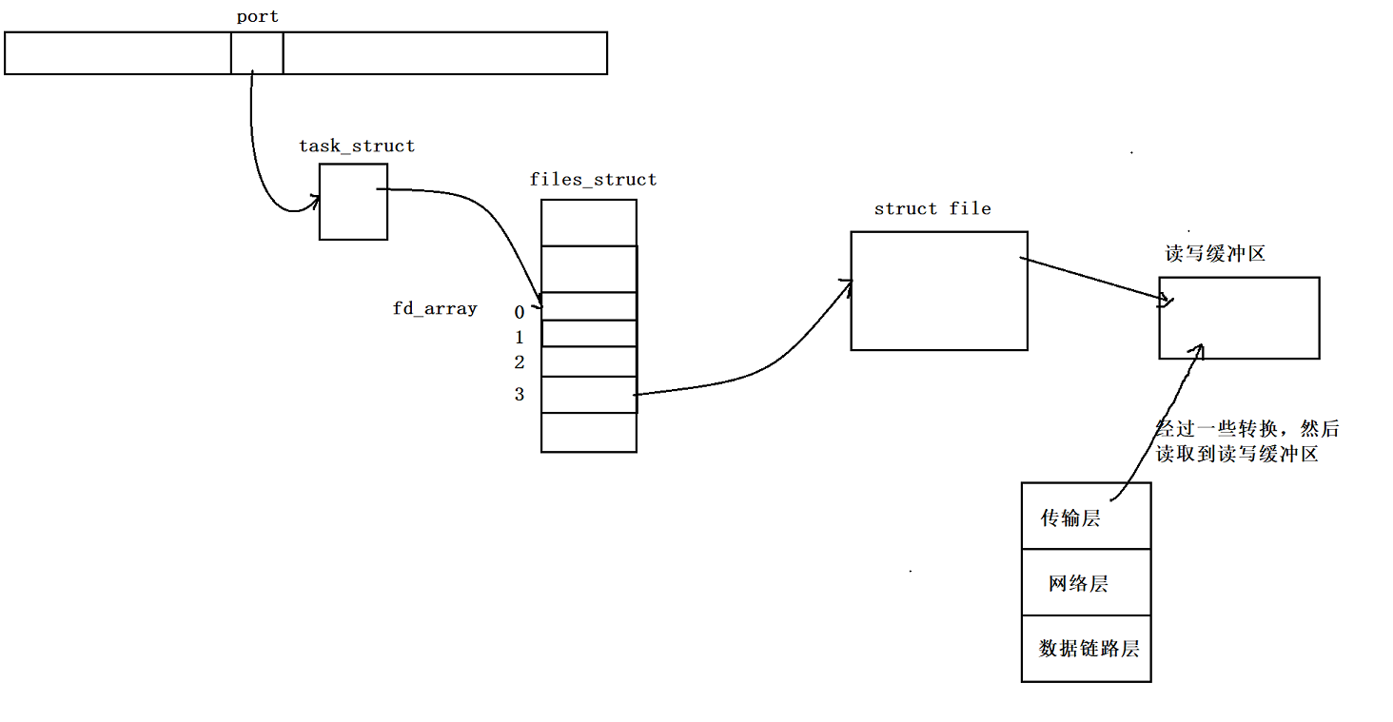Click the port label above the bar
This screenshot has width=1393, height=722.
pyautogui.click(x=257, y=17)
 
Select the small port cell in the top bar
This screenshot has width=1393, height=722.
pyautogui.click(x=257, y=52)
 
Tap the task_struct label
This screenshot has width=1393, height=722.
pyautogui.click(x=357, y=146)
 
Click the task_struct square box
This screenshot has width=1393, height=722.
pyautogui.click(x=353, y=202)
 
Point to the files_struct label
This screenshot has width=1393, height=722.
pyautogui.click(x=593, y=180)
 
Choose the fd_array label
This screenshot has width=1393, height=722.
pyautogui.click(x=435, y=309)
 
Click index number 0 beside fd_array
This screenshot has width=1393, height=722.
pyautogui.click(x=520, y=312)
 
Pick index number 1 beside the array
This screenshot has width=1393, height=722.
pyautogui.click(x=520, y=338)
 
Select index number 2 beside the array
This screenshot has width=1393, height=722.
pyautogui.click(x=520, y=362)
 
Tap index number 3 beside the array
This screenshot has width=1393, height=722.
pyautogui.click(x=520, y=395)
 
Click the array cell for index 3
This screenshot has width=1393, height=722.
pyautogui.click(x=589, y=395)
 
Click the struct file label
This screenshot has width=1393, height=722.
pyautogui.click(x=932, y=209)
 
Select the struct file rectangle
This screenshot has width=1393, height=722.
pyautogui.click(x=939, y=291)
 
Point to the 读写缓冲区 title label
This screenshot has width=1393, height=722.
pyautogui.click(x=1215, y=255)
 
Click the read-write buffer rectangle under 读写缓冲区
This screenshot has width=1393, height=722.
pyautogui.click(x=1239, y=318)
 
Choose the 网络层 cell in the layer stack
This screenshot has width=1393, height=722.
pyautogui.click(x=1086, y=583)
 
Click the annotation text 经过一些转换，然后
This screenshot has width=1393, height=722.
pyautogui.click(x=1246, y=429)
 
